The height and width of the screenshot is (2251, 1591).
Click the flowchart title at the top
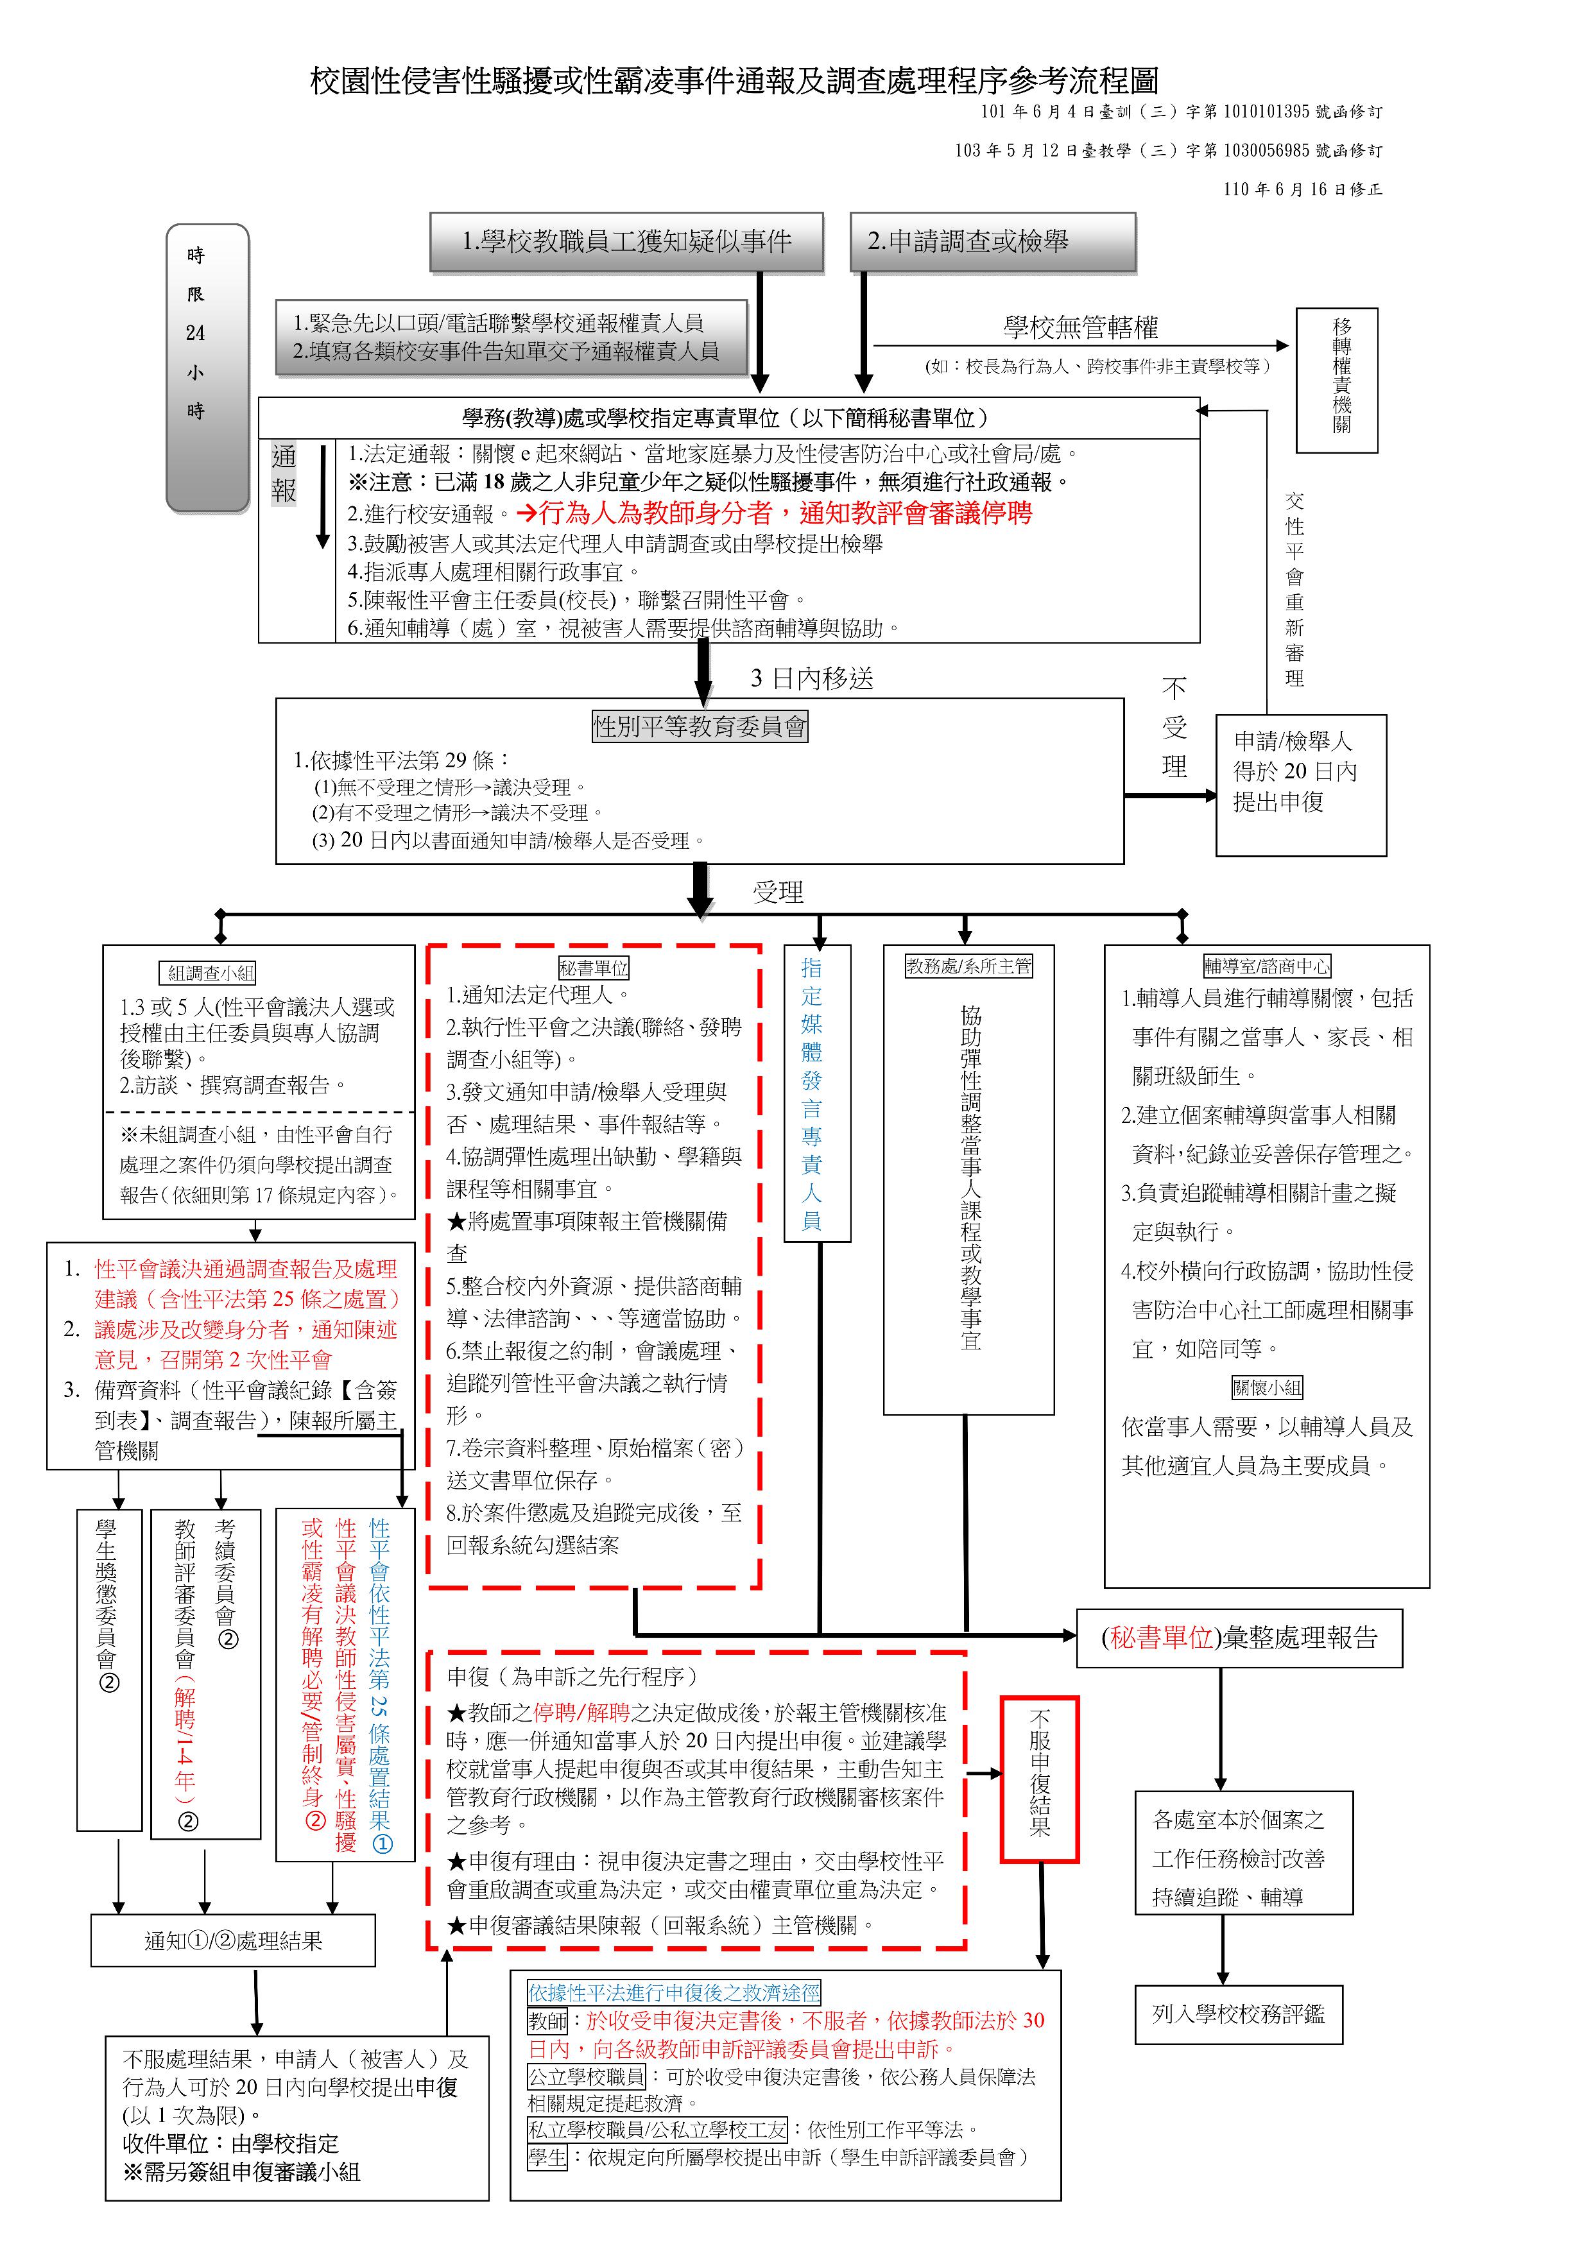[x=734, y=80]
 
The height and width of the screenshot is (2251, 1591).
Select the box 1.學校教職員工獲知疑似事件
[x=626, y=241]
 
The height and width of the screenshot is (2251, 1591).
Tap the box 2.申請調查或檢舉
[x=993, y=241]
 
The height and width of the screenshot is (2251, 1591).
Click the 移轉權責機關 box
[x=1337, y=381]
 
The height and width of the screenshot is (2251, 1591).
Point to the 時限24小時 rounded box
[x=208, y=368]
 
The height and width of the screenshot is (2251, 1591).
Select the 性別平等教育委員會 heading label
[x=700, y=726]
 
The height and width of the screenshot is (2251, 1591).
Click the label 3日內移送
[x=812, y=678]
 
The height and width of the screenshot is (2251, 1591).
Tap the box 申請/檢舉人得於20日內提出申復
[x=1301, y=785]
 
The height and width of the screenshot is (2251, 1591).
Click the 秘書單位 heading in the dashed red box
[x=594, y=968]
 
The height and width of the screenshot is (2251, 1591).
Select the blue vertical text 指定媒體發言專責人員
[x=812, y=1093]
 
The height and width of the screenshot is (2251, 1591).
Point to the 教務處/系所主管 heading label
[x=968, y=966]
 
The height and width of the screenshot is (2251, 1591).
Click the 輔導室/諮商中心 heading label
[x=1266, y=966]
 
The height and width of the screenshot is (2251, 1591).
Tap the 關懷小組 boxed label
[x=1268, y=1387]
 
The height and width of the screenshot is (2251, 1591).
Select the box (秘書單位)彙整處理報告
[x=1239, y=1638]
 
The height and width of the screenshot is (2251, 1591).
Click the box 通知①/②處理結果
[x=234, y=1941]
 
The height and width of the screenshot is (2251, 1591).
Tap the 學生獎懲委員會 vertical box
[x=109, y=1670]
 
